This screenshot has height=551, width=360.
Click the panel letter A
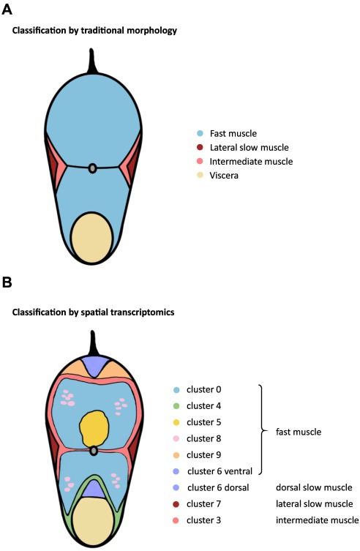(7, 10)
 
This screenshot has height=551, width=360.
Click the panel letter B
(7, 282)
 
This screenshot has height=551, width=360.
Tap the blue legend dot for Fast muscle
(200, 133)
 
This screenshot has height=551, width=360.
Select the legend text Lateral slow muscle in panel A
(249, 148)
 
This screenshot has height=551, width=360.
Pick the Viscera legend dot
(200, 175)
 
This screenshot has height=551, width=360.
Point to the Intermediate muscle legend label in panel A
(251, 161)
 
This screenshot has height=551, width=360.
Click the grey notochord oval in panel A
(92, 168)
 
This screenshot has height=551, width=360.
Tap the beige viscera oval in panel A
(91, 238)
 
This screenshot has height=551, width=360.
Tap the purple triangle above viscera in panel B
(94, 490)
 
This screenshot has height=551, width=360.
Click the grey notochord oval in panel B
(94, 451)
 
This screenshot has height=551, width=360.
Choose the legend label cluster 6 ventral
(220, 471)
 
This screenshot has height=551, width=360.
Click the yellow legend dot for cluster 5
(176, 422)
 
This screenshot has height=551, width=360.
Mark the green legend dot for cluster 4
(176, 406)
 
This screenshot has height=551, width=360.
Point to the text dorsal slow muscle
(314, 488)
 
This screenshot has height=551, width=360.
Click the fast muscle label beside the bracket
(299, 432)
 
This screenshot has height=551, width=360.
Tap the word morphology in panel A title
(151, 31)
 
